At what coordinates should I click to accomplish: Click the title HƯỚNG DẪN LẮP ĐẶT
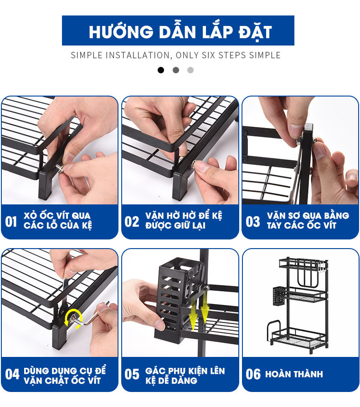180,32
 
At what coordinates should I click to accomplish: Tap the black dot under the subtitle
161,70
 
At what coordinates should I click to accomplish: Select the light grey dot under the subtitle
190,70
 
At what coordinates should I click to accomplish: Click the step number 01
11,222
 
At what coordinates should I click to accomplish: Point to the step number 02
132,222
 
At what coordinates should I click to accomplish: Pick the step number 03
253,222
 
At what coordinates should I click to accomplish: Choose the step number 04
12,374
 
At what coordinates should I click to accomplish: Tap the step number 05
132,374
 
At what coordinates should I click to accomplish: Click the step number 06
253,374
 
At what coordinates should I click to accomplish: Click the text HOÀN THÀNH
294,374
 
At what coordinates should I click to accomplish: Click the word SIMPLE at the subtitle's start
87,56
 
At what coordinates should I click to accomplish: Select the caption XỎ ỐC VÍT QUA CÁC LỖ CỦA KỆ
57,221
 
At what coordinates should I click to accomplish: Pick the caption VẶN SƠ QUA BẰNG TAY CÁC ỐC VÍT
308,221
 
